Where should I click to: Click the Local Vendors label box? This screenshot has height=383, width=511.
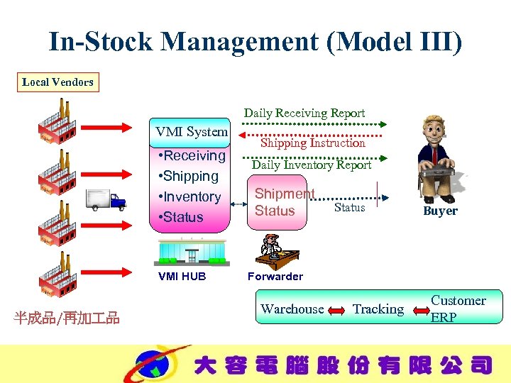click(57, 82)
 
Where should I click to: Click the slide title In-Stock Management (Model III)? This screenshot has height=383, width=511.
click(255, 41)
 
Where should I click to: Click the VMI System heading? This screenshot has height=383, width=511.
click(192, 131)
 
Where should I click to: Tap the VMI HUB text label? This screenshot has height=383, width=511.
click(182, 277)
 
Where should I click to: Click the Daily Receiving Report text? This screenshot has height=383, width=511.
click(304, 113)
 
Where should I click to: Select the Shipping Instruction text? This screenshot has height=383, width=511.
click(312, 143)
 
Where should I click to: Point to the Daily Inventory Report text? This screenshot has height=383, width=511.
click(312, 165)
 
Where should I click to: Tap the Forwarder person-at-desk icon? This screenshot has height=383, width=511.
click(275, 251)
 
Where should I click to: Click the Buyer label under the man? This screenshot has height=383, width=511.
click(440, 211)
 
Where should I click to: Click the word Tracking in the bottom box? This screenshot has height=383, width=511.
click(378, 309)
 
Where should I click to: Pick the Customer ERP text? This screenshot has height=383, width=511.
click(458, 309)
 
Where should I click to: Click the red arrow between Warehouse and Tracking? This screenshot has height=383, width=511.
click(336, 310)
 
